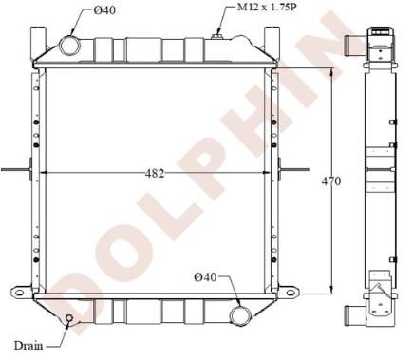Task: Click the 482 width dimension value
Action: pos(155,173)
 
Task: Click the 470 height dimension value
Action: pos(331,181)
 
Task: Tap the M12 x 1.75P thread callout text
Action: pos(267,7)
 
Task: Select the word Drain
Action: pos(28,345)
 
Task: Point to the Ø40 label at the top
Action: pos(104,10)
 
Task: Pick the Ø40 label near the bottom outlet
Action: pos(206,277)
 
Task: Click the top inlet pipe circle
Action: pos(70,46)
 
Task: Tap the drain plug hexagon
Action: pos(68,318)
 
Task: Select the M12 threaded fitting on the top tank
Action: pos(216,37)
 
